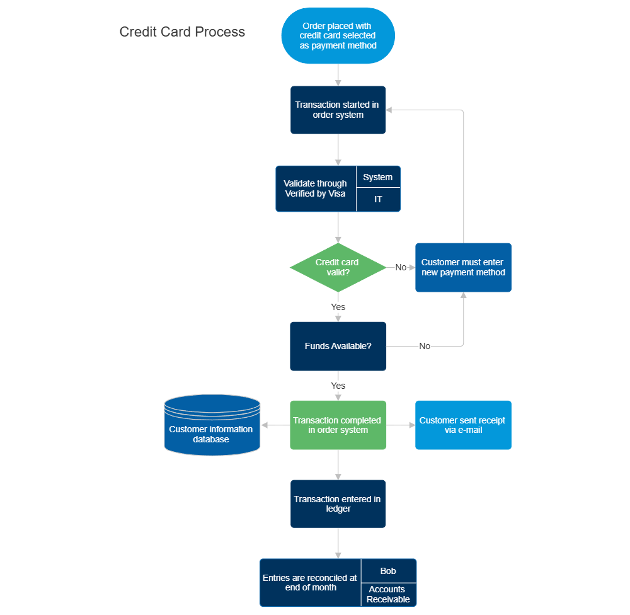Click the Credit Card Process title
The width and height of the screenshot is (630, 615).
coord(182,32)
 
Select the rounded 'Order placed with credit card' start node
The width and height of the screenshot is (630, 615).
coord(338,36)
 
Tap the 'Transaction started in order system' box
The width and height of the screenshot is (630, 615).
coord(338,110)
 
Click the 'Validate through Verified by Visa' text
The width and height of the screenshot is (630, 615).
coord(316,188)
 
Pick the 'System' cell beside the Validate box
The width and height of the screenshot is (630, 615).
coord(378,177)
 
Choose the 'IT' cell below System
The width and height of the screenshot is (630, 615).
coord(378,199)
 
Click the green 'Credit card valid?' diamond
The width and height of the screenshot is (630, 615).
coord(338,267)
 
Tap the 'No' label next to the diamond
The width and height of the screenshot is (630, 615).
coord(401,267)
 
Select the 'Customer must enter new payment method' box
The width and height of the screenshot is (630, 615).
coord(463,267)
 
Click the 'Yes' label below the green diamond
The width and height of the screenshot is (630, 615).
coord(338,307)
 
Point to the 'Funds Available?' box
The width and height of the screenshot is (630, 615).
coord(338,346)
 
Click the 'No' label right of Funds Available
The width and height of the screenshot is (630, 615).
coord(425,346)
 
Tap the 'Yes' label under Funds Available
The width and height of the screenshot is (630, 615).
coord(338,385)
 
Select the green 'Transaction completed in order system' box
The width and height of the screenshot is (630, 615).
coord(338,425)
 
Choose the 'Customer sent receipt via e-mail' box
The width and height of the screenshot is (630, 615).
coord(463,425)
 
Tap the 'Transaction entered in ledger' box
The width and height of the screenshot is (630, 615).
coord(338,503)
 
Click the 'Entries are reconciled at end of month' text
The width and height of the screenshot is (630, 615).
coord(310,582)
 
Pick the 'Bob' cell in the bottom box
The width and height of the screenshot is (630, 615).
coord(388,571)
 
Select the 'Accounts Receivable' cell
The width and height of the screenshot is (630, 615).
coord(388,594)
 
